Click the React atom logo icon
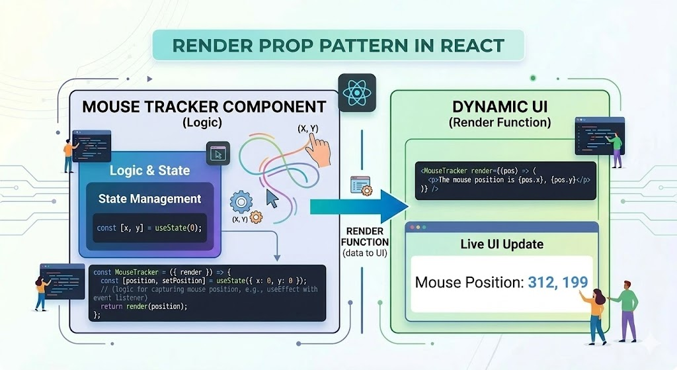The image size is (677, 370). [356, 93]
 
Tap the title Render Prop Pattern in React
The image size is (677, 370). [338, 46]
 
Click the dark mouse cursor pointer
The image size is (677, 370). [271, 199]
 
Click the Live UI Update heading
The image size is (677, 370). [502, 244]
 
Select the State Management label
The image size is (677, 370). [149, 199]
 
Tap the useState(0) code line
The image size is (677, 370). [149, 228]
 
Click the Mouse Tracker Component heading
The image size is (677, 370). [204, 107]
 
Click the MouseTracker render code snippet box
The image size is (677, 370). [504, 181]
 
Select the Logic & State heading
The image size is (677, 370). [149, 171]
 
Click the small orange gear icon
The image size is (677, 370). [256, 216]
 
